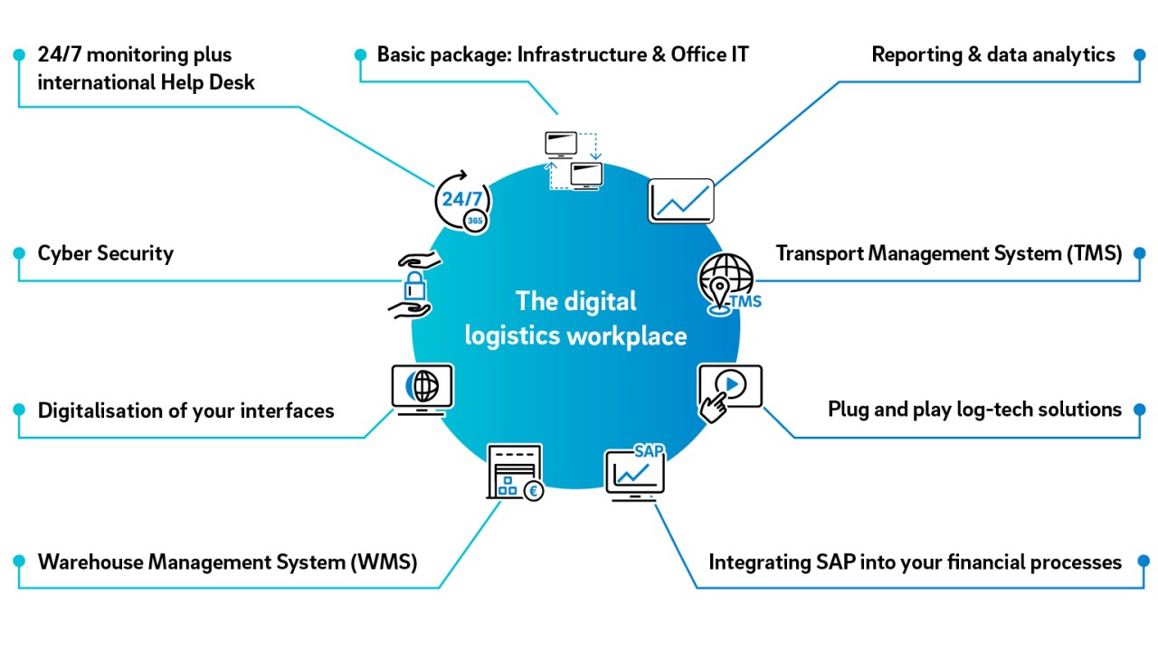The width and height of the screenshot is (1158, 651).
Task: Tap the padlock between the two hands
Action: [414, 288]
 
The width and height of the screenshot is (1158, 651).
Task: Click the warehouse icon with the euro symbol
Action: [514, 472]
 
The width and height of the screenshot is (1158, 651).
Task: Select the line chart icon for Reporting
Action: [681, 201]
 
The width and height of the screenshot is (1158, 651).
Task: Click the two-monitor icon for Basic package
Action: [574, 161]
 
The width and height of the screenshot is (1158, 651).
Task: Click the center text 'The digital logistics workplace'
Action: [575, 318]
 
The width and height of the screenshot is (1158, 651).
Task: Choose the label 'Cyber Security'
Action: [105, 253]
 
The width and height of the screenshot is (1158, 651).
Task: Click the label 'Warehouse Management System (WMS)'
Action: [227, 561]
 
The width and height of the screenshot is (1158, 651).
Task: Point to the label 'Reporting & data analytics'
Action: [992, 54]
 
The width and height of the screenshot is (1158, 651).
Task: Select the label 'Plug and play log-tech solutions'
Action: [974, 410]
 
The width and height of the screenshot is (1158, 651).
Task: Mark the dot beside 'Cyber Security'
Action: [18, 254]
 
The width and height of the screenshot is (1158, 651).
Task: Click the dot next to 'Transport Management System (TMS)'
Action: [1140, 254]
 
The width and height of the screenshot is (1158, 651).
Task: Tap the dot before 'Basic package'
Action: [360, 55]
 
